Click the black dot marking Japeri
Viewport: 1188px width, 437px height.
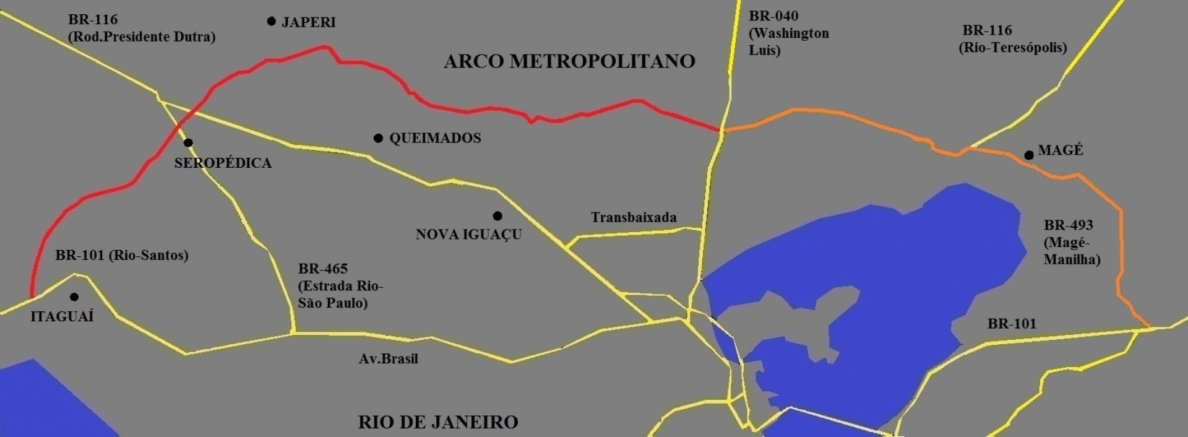click(x=271, y=22)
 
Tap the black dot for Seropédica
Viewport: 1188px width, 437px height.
click(x=188, y=143)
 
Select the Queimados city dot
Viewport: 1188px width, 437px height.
click(x=378, y=138)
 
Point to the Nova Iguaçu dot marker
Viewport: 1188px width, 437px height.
click(x=497, y=216)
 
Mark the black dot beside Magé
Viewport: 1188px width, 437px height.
click(x=1028, y=155)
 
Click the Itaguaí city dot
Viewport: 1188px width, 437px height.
click(x=74, y=297)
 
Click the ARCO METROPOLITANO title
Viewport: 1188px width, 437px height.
click(x=569, y=61)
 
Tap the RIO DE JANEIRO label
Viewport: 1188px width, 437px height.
click(x=438, y=422)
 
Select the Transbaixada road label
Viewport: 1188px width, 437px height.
click(x=634, y=217)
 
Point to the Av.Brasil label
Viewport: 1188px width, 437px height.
click(x=389, y=358)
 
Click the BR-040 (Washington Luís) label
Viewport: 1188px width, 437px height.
click(x=788, y=33)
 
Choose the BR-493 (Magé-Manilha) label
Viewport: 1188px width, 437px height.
click(x=1072, y=242)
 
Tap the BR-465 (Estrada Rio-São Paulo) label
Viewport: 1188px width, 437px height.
click(x=340, y=285)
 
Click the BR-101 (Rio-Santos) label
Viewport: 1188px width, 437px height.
click(x=122, y=255)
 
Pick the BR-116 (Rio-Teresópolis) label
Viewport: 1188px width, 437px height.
click(x=1013, y=38)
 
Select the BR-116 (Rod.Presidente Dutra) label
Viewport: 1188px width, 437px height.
click(x=142, y=28)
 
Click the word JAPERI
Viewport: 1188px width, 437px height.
click(x=308, y=22)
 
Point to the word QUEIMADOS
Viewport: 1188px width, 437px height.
click(x=435, y=138)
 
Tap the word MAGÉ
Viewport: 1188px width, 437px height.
click(x=1061, y=150)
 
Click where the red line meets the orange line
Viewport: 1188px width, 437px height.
click(x=721, y=131)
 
